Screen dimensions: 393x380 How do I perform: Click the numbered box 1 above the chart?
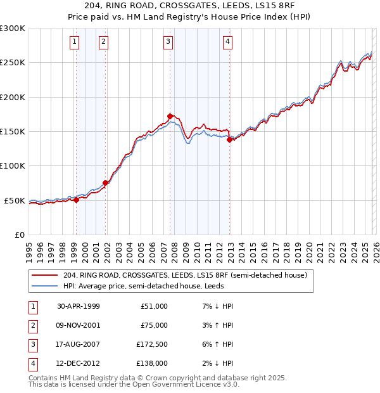(x=75, y=42)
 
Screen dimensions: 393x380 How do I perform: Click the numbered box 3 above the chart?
(x=168, y=42)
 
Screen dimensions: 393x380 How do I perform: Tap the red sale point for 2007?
(x=170, y=116)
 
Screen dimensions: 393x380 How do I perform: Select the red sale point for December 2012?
(x=230, y=140)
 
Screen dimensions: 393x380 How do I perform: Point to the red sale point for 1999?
(x=77, y=200)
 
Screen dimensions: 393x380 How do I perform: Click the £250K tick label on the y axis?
(x=13, y=63)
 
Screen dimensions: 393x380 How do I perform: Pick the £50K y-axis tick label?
(x=15, y=200)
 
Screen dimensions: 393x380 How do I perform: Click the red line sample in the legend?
(x=44, y=275)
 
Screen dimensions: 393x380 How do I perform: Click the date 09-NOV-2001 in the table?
(x=79, y=325)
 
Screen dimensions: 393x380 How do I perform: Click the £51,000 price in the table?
(x=154, y=306)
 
